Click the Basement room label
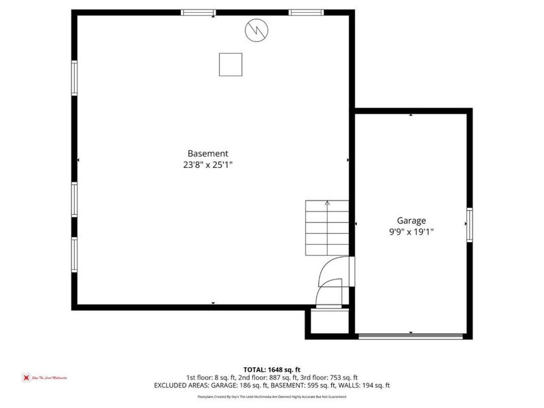tap(208, 154)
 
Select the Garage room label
tap(411, 220)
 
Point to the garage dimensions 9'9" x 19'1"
tap(411, 231)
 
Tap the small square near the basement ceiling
tap(231, 64)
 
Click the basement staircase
tap(327, 228)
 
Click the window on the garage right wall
tap(469, 224)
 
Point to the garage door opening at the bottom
tap(411, 335)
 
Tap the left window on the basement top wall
tap(198, 12)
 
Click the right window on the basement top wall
tap(305, 12)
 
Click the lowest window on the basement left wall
tap(74, 254)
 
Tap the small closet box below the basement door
tap(329, 322)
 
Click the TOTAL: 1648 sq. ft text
tap(272, 370)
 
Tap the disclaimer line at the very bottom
tap(272, 396)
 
